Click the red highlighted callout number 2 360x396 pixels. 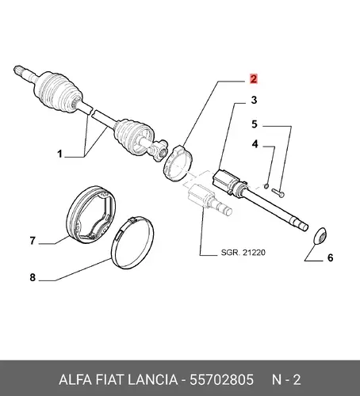[x=254, y=78]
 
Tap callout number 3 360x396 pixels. [x=254, y=100]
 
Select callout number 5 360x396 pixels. [x=255, y=124]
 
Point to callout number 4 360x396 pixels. [x=255, y=144]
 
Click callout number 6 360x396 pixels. [x=330, y=257]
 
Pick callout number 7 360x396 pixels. [x=33, y=241]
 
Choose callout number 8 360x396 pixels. [x=33, y=277]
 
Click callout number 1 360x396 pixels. [x=60, y=154]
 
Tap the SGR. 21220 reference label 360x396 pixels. [x=243, y=253]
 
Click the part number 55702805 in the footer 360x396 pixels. [x=221, y=379]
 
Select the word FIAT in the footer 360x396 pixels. [x=109, y=379]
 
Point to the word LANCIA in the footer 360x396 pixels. [x=152, y=379]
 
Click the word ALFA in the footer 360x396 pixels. [x=75, y=379]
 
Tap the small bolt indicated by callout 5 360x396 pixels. [x=278, y=192]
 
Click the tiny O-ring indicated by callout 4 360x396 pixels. [x=266, y=186]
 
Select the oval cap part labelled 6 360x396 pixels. [x=320, y=235]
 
